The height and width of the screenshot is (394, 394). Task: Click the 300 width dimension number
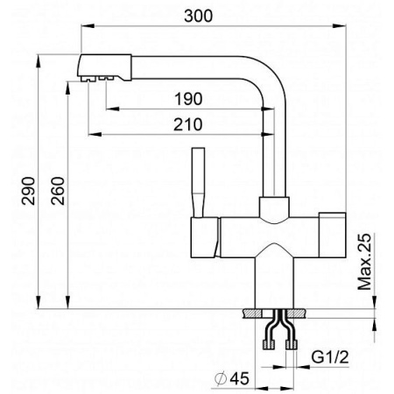tap(199, 16)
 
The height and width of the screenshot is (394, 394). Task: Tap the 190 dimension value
tap(188, 99)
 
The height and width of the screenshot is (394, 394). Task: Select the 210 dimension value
tap(188, 124)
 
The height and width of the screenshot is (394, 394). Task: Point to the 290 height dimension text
tap(28, 191)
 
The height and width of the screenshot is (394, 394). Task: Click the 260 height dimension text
tap(57, 191)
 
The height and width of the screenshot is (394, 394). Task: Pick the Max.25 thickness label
tap(364, 262)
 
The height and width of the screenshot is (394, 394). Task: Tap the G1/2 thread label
tap(330, 357)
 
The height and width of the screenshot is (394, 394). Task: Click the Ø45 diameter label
tap(232, 378)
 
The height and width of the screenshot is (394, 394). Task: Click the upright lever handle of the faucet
tap(198, 182)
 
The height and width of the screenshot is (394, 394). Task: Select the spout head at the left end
tap(105, 67)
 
